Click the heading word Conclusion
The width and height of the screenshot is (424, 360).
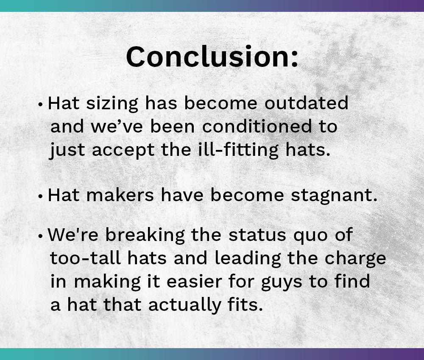click(212, 57)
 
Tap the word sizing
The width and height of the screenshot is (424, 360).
click(112, 104)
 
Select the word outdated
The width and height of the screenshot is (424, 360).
click(307, 102)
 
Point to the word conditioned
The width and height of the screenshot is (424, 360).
click(257, 126)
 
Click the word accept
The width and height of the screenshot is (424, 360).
click(123, 151)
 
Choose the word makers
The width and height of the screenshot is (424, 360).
click(120, 195)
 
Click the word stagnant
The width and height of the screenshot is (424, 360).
click(334, 196)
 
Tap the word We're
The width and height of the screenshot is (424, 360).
click(73, 234)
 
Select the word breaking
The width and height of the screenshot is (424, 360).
click(145, 235)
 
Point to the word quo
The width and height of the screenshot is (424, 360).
click(310, 236)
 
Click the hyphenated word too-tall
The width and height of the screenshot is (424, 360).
click(85, 258)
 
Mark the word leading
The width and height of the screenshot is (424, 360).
click(248, 259)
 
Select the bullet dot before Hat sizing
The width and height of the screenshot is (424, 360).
click(41, 104)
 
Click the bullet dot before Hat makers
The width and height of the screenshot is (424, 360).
click(41, 197)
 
